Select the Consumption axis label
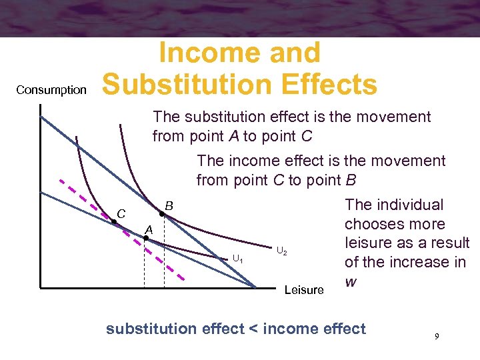point(51,90)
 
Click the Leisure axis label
point(303,290)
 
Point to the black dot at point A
point(146,238)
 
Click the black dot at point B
point(162,215)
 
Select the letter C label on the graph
point(121,213)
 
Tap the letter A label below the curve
point(149,229)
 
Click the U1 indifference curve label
point(237,259)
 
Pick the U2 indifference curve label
point(281,251)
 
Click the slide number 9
point(437,337)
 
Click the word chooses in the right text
point(375,224)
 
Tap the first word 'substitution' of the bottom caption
point(147,328)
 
